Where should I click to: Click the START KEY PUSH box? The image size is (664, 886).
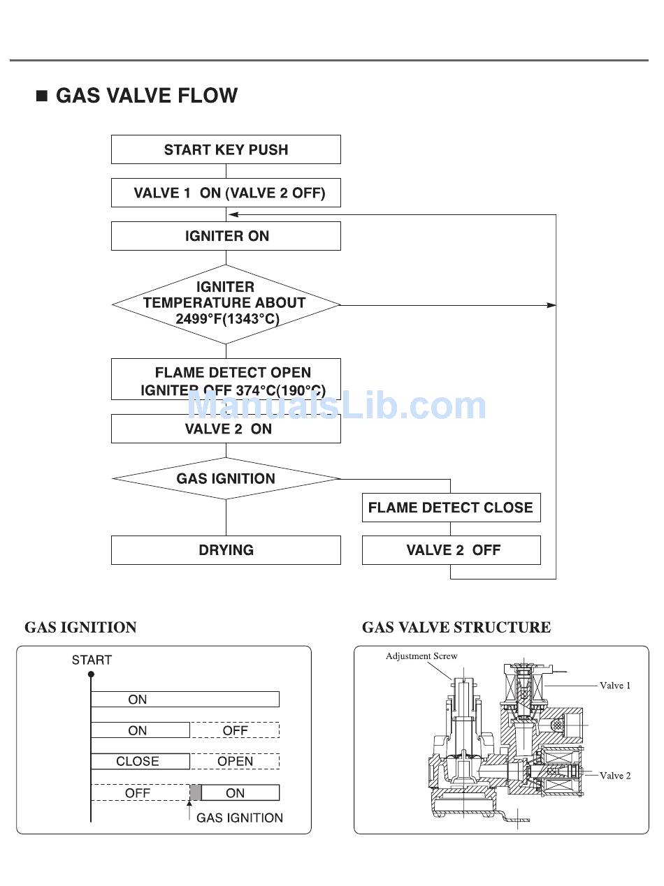click(x=226, y=149)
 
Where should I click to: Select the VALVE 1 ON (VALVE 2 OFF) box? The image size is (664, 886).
click(x=226, y=193)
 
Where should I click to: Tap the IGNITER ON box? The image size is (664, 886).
click(x=226, y=236)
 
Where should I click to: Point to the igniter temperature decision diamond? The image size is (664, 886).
click(x=226, y=304)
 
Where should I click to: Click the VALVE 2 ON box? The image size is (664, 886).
click(x=226, y=429)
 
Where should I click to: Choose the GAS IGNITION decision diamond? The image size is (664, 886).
click(x=226, y=478)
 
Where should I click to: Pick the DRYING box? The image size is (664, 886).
click(x=226, y=550)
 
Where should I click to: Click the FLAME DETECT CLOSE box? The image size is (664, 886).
click(x=451, y=508)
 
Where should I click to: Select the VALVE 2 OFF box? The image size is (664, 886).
click(x=451, y=550)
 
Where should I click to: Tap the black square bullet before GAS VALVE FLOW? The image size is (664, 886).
click(x=42, y=96)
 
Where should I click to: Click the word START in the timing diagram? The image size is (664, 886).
click(x=92, y=660)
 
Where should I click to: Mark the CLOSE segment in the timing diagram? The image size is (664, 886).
click(x=139, y=761)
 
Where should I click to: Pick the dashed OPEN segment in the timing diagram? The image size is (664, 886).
click(x=235, y=761)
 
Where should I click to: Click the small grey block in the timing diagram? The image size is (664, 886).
click(x=196, y=792)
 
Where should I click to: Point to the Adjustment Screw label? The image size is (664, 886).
click(x=421, y=656)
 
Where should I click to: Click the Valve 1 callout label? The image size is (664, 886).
click(x=615, y=686)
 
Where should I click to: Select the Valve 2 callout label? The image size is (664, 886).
click(x=615, y=775)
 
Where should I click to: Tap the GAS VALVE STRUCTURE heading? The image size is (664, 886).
click(x=456, y=628)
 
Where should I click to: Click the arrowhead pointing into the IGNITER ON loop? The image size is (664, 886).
click(x=234, y=215)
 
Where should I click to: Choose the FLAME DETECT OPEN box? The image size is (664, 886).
click(x=226, y=379)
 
